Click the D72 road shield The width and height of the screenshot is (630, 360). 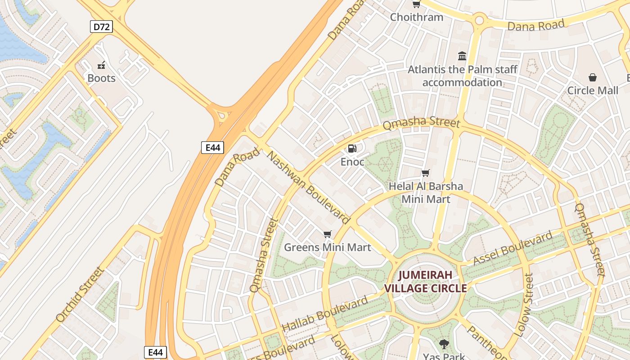pos(101,27)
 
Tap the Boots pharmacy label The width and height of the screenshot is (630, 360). pos(101,78)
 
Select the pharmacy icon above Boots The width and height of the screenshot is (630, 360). pos(101,65)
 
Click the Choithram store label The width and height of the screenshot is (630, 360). pos(416,17)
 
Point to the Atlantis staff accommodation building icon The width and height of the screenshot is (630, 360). pos(462,56)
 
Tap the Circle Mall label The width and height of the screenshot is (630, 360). pos(592,90)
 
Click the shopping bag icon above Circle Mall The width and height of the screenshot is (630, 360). pos(592,77)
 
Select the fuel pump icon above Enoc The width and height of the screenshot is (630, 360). pos(352,148)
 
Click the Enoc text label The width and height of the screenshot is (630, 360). pos(352,162)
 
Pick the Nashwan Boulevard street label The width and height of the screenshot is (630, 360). pos(309,188)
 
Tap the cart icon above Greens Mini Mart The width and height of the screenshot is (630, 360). pos(327,234)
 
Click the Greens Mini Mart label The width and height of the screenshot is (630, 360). pos(327,247)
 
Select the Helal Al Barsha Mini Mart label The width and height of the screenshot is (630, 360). pos(426,192)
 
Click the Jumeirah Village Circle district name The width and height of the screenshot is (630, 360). pos(425,282)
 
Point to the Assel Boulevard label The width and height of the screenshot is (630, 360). pos(513,249)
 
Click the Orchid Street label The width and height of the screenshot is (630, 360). pos(80,294)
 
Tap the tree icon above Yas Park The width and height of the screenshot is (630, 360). pos(444,344)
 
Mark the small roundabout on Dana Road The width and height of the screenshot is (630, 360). pos(479,20)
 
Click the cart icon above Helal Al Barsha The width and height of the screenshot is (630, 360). pos(425,173)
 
